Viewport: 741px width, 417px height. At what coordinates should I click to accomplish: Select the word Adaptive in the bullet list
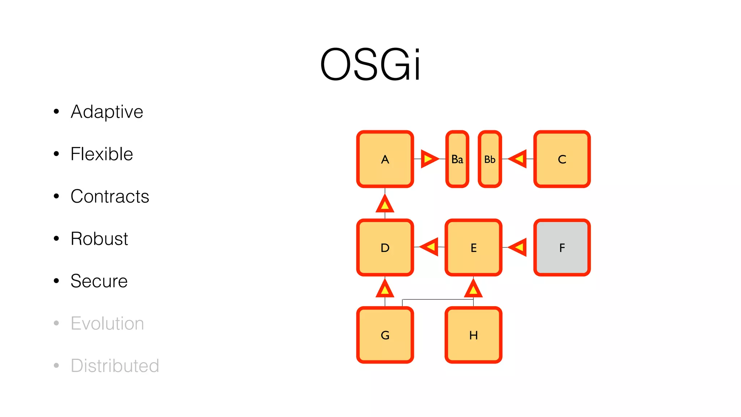(x=107, y=111)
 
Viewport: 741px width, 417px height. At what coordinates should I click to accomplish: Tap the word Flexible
(x=102, y=154)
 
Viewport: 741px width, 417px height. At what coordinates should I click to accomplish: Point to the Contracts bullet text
(x=110, y=196)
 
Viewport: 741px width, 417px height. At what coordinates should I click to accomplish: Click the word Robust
(x=99, y=239)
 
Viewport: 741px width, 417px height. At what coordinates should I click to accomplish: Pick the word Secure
(x=99, y=281)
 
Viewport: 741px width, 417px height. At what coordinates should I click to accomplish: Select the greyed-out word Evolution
(x=107, y=323)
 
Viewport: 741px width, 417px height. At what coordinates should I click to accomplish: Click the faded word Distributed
(x=115, y=366)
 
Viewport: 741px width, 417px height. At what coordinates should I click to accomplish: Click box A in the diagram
(x=385, y=159)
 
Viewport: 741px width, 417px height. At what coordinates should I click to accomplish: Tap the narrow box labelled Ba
(x=457, y=159)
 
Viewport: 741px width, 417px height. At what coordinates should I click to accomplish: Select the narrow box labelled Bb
(x=490, y=159)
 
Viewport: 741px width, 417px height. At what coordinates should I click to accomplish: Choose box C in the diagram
(x=562, y=159)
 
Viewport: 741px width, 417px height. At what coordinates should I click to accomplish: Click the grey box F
(x=562, y=248)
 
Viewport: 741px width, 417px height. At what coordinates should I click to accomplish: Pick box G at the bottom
(x=385, y=335)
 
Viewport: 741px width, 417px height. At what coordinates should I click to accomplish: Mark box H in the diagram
(x=473, y=335)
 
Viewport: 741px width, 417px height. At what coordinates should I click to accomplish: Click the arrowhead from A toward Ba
(x=429, y=159)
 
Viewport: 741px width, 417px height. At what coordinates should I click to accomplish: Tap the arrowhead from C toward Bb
(x=518, y=159)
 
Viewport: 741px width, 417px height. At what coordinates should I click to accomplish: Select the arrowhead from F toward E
(x=518, y=247)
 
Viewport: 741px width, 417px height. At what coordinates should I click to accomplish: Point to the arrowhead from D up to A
(x=385, y=204)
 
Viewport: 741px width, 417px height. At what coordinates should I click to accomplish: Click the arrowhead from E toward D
(x=430, y=247)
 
